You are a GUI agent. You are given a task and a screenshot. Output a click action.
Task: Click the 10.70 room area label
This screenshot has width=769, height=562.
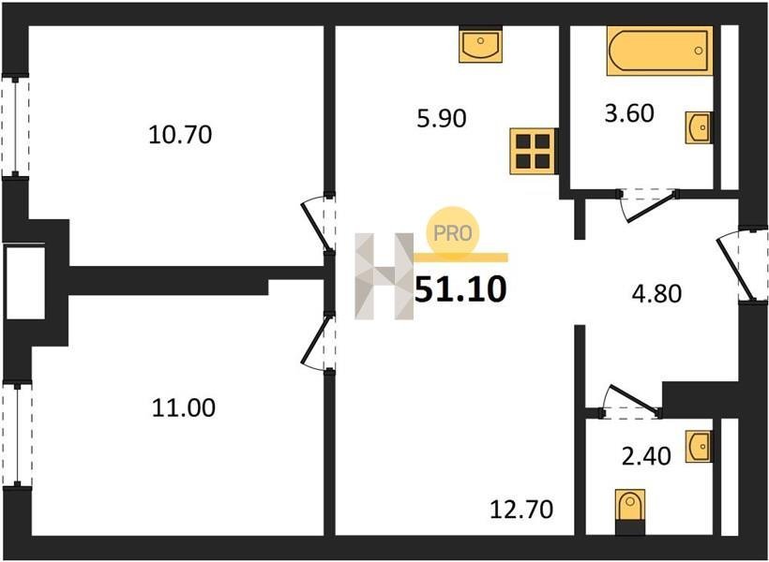tap(180, 135)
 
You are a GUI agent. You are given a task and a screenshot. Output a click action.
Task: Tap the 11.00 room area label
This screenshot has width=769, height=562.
tap(184, 407)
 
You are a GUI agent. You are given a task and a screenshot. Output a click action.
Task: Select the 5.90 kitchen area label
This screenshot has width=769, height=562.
tap(442, 119)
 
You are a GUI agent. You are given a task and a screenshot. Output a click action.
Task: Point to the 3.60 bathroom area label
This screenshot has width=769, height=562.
tap(629, 113)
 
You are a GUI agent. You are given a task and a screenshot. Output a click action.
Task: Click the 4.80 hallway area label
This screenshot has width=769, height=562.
tap(657, 294)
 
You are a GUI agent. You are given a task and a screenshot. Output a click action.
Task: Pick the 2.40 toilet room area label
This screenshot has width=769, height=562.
tap(646, 456)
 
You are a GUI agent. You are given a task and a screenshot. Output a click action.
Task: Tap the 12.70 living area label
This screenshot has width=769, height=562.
tap(521, 510)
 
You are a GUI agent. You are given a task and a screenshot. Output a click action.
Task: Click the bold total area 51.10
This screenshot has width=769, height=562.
tap(460, 289)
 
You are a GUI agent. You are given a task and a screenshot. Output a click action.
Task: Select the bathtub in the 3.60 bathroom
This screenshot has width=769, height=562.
tap(659, 51)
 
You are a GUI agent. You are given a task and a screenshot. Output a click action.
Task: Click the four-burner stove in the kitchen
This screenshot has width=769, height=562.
tap(533, 151)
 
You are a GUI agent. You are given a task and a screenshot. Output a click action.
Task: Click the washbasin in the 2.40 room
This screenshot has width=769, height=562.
tap(698, 446)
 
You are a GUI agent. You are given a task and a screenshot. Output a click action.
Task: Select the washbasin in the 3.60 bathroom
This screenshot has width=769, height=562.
tap(698, 128)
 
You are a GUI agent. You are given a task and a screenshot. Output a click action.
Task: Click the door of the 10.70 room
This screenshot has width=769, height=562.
tap(316, 224)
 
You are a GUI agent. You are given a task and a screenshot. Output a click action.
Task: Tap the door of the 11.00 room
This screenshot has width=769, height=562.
tap(316, 343)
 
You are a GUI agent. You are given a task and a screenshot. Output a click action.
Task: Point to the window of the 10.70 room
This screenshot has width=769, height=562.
tap(16, 126)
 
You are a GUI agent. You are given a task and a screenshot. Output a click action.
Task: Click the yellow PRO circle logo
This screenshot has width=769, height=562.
tap(452, 232)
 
